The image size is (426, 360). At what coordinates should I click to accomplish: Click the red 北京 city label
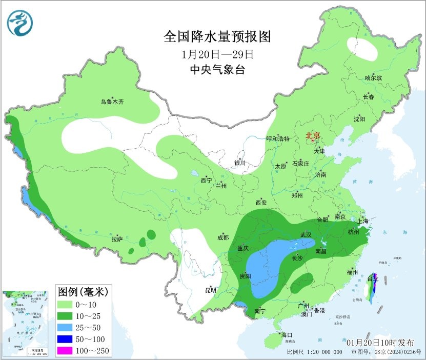313,136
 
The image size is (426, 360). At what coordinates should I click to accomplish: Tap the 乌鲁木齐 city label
112,102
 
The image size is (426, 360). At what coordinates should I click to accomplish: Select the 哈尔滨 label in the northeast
373,77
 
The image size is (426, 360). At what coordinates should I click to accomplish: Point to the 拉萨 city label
117,239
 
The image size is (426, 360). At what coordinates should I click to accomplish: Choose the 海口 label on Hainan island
286,335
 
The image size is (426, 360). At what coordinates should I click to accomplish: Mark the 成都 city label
222,237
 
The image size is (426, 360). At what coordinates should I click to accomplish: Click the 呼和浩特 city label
278,139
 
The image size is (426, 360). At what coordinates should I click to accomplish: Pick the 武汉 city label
306,234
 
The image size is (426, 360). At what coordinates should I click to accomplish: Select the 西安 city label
261,203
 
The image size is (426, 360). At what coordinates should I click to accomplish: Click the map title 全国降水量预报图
217,36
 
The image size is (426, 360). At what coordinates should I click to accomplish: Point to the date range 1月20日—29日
217,54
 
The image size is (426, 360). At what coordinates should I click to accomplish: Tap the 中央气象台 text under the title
217,70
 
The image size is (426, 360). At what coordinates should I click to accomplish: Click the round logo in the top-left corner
19,23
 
